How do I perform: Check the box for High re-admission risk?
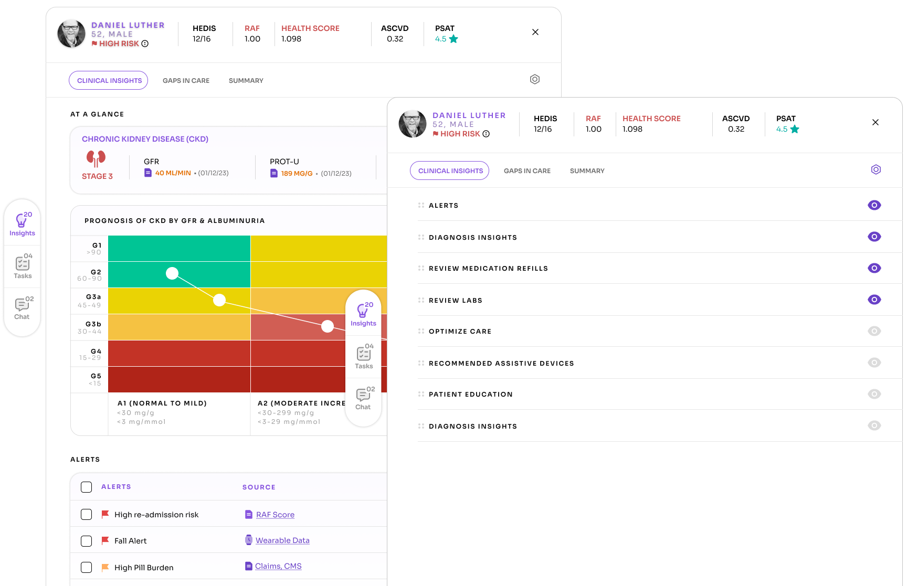pyautogui.click(x=87, y=515)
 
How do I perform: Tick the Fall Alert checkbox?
pyautogui.click(x=87, y=541)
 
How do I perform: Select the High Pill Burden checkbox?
pyautogui.click(x=87, y=567)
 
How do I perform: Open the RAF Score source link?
pyautogui.click(x=275, y=515)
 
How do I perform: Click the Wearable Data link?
pyautogui.click(x=282, y=540)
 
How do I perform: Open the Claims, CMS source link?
pyautogui.click(x=278, y=566)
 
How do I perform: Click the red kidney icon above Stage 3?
pyautogui.click(x=96, y=158)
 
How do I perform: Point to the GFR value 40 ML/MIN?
pyautogui.click(x=173, y=173)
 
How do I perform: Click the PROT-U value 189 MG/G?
pyautogui.click(x=297, y=174)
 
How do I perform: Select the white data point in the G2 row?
pyautogui.click(x=172, y=273)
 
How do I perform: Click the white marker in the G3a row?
pyautogui.click(x=219, y=300)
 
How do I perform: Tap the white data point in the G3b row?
pyautogui.click(x=328, y=326)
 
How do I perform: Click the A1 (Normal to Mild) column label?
pyautogui.click(x=162, y=403)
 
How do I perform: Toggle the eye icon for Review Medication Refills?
pyautogui.click(x=874, y=268)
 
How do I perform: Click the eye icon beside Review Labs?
pyautogui.click(x=874, y=300)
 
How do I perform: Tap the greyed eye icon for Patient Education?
pyautogui.click(x=874, y=394)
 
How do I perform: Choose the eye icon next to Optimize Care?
pyautogui.click(x=874, y=331)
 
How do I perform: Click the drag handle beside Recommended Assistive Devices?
pyautogui.click(x=421, y=363)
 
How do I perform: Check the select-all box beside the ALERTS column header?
pyautogui.click(x=87, y=487)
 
